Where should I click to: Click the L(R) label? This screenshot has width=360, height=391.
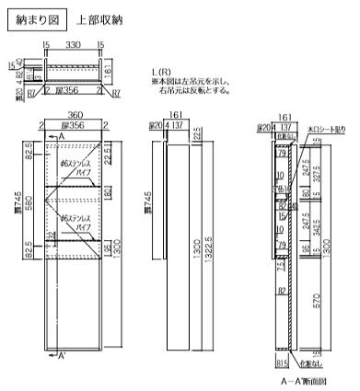pos(161,72)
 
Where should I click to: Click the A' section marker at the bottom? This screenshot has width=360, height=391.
pos(61,355)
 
